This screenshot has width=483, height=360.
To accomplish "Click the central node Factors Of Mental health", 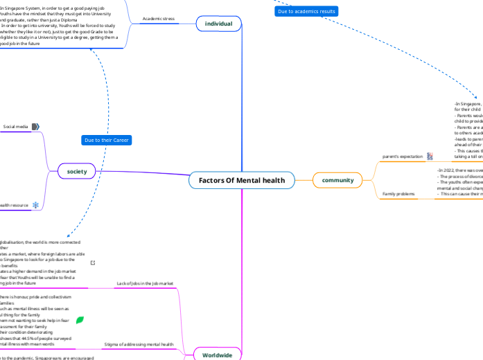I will coord(241,181).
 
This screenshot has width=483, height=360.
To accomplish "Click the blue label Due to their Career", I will coord(107,141).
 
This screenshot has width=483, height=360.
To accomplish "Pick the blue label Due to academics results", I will coord(307,12).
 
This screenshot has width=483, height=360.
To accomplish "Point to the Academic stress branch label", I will coord(157,19).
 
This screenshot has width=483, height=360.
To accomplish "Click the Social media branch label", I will coord(16,127).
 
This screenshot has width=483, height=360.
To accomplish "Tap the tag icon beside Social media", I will coord(35,127).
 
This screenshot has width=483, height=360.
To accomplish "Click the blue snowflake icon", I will coord(36,205).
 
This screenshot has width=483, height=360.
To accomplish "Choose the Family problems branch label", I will coord(398,194).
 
